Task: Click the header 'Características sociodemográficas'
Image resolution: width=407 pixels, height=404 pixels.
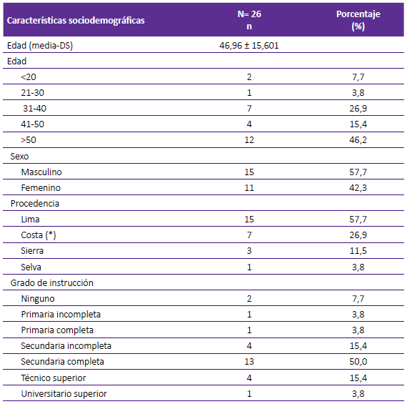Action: (76, 21)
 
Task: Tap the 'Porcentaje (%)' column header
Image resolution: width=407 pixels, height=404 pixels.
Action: (358, 20)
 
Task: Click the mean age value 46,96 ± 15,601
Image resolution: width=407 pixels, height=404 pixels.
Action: (249, 46)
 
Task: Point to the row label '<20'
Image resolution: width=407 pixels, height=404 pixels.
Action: (29, 77)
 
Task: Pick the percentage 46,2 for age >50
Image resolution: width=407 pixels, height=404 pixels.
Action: (358, 140)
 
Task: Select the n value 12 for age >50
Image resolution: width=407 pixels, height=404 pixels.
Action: (249, 140)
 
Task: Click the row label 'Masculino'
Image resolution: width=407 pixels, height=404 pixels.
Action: (41, 172)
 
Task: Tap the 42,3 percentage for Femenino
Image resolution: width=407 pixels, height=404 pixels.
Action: (358, 188)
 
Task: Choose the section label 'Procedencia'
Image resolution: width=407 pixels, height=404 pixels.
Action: (35, 203)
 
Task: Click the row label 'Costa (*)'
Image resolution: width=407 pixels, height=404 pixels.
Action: (39, 235)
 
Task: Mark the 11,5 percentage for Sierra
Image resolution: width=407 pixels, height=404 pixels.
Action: (358, 250)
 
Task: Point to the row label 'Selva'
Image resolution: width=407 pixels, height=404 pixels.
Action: (31, 267)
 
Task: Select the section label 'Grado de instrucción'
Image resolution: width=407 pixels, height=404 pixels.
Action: (51, 282)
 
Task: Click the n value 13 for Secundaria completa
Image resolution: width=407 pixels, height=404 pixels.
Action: (249, 361)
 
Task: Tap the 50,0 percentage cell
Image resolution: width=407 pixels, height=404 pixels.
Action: (358, 361)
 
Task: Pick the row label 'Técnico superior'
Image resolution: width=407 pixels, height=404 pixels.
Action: (54, 378)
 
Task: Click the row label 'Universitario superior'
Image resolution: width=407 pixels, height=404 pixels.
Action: (64, 393)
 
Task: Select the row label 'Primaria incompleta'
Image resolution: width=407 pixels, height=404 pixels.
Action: (61, 315)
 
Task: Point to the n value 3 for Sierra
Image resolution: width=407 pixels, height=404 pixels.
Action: (249, 250)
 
